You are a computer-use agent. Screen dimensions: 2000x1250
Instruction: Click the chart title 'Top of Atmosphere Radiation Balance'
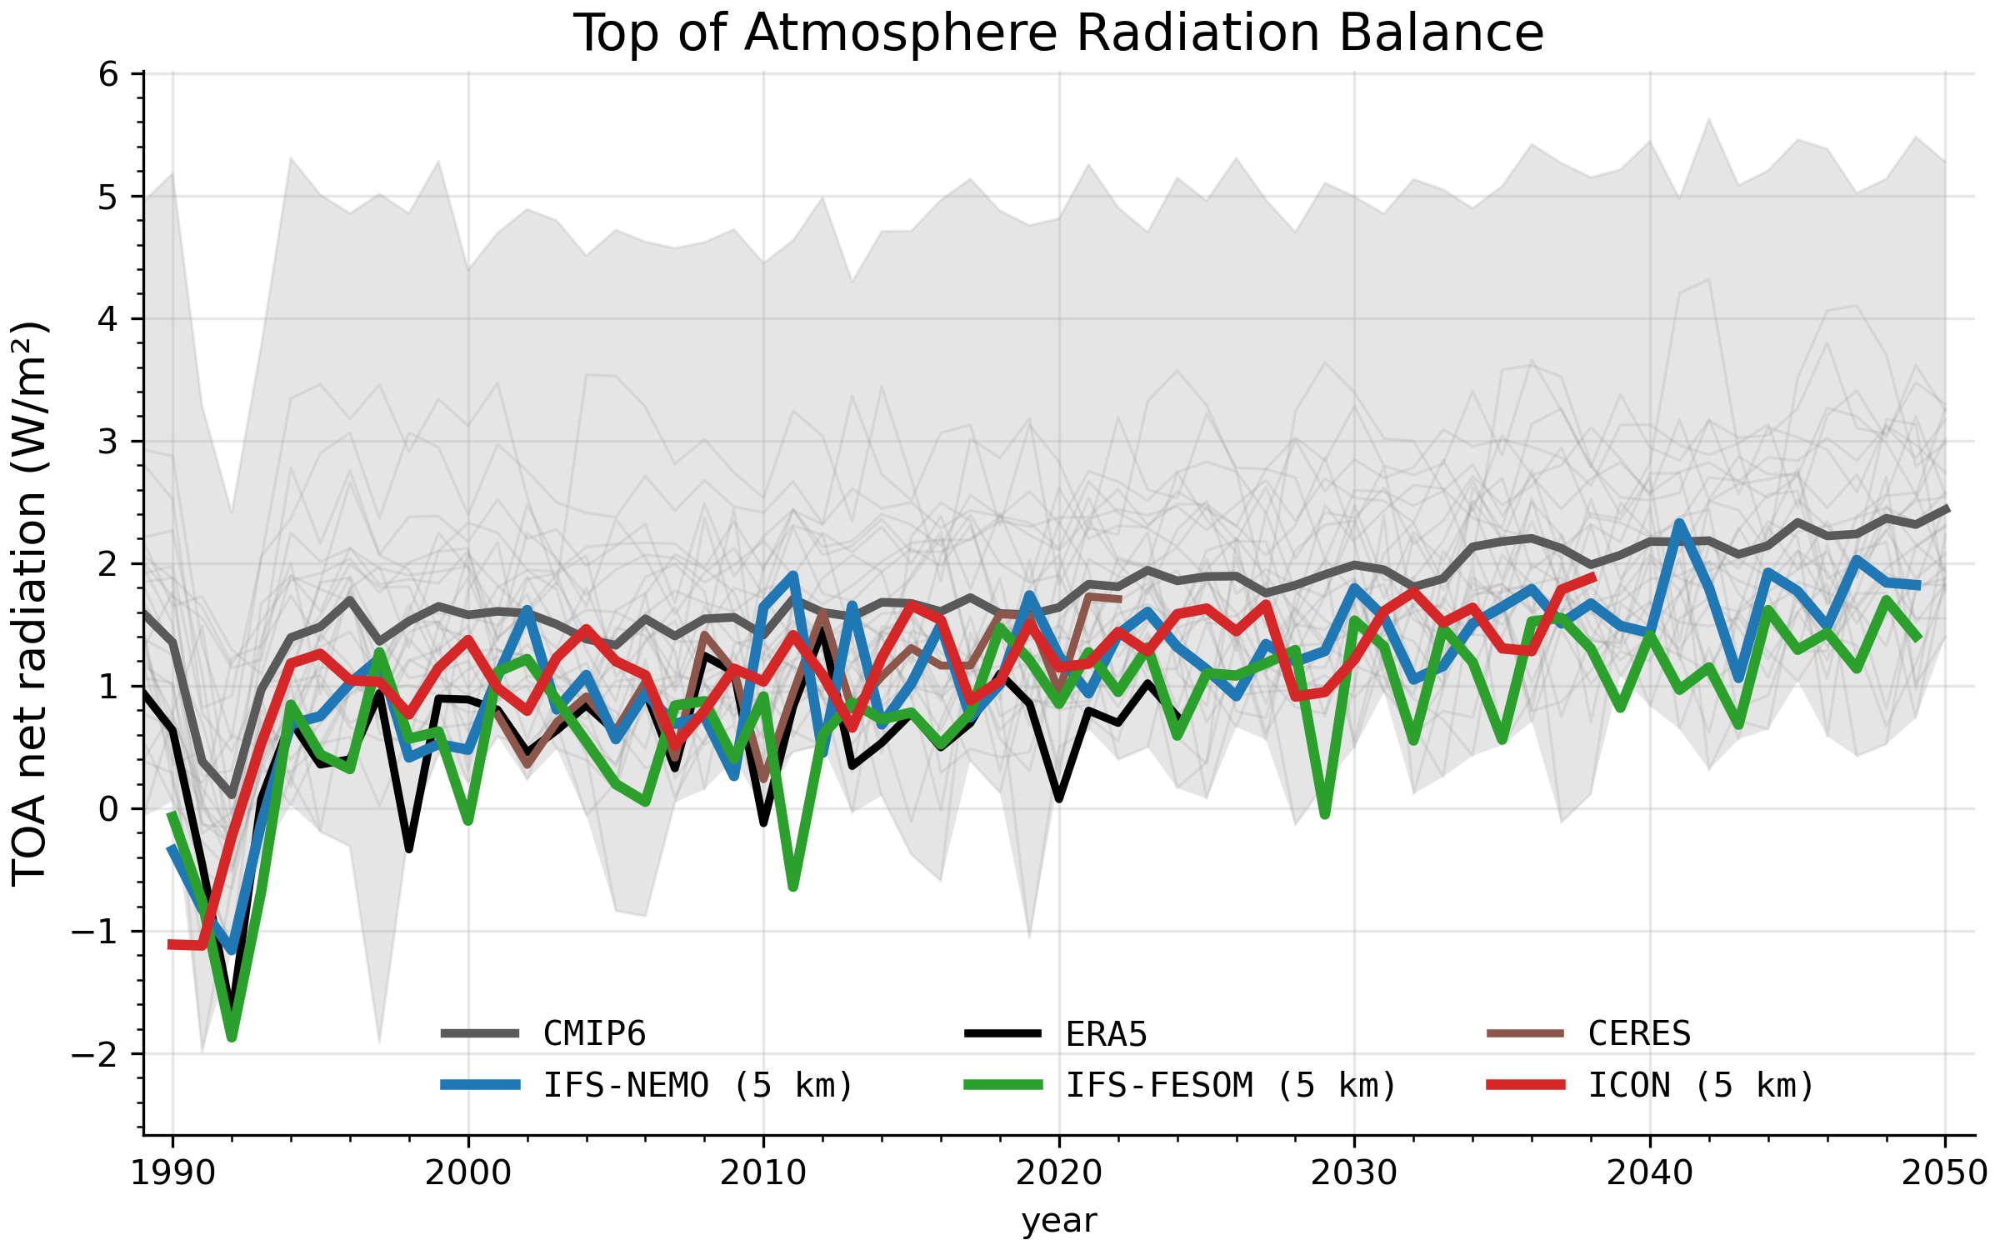tap(1058, 33)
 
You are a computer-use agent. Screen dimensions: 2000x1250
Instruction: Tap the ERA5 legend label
tap(1107, 1035)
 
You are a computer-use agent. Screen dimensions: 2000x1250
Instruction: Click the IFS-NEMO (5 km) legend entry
tap(647, 1085)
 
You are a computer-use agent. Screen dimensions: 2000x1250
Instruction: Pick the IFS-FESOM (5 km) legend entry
tap(1181, 1085)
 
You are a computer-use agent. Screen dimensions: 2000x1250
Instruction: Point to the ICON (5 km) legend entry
tap(1651, 1085)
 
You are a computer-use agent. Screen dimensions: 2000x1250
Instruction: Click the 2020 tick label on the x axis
tap(1058, 1174)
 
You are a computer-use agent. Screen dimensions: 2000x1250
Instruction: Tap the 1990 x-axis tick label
tap(173, 1174)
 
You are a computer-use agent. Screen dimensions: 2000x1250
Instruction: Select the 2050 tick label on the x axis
tap(1945, 1174)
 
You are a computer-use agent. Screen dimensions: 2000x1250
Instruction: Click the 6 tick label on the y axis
tap(109, 75)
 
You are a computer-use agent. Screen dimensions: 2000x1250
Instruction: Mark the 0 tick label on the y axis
tap(109, 809)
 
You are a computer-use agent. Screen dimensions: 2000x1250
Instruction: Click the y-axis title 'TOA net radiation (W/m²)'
tap(30, 604)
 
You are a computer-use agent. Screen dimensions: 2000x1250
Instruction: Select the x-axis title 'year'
tap(1059, 1222)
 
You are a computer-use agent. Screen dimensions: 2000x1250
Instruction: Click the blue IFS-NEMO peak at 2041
tap(1679, 522)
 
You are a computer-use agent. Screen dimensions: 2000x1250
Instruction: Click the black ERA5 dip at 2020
tap(1058, 798)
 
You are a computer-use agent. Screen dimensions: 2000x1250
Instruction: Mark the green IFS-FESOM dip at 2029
tap(1325, 814)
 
